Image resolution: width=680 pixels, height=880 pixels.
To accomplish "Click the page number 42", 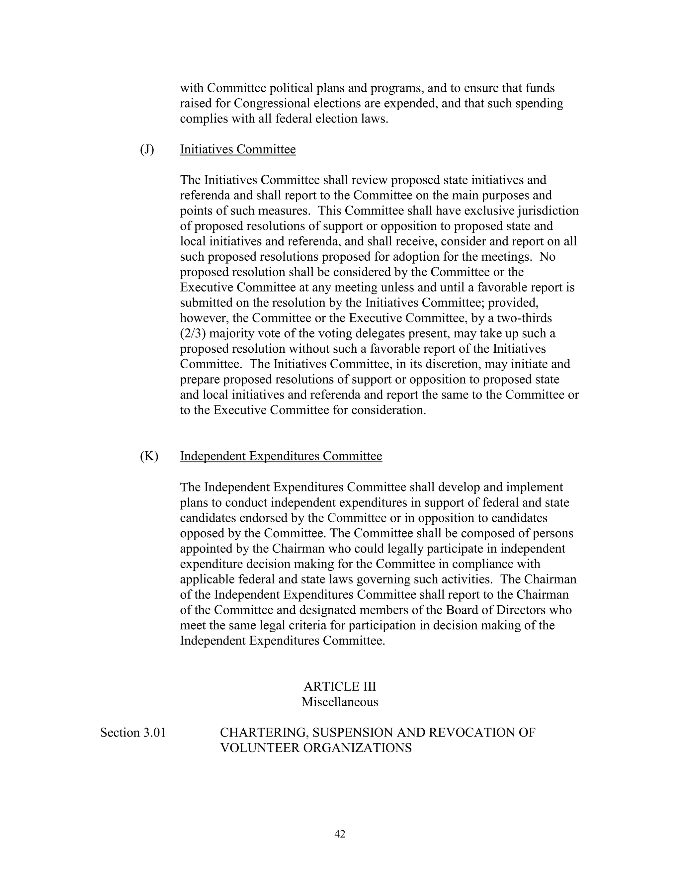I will [340, 834].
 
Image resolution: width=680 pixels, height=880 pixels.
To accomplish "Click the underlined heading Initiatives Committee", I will [238, 149].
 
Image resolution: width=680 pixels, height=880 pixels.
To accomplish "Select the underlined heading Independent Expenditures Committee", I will [281, 456].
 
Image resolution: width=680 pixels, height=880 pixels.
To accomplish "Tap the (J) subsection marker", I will [147, 149].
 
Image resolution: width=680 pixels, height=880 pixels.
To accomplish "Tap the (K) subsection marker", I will [149, 456].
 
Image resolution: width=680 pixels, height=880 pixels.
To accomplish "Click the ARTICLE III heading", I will [340, 687].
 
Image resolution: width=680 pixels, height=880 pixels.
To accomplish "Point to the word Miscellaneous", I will [340, 702].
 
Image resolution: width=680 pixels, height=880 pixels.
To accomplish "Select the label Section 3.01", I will [133, 733].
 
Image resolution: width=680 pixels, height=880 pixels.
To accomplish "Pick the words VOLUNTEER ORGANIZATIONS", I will [316, 748].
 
